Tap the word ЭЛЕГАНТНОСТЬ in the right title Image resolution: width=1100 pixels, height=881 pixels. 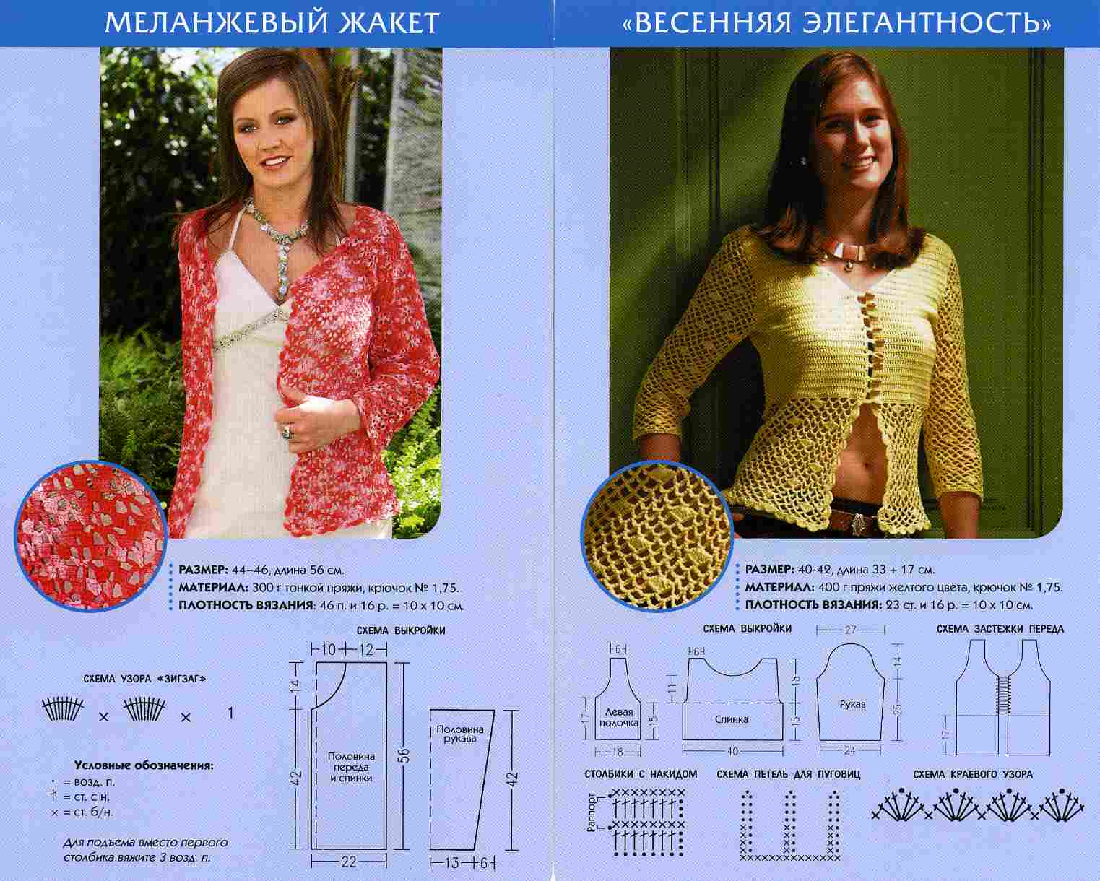pyautogui.click(x=924, y=24)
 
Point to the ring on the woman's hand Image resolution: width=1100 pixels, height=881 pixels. pyautogui.click(x=287, y=433)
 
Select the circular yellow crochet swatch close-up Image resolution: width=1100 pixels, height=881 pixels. pyautogui.click(x=657, y=537)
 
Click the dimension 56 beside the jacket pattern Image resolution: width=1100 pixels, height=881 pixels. pyautogui.click(x=404, y=755)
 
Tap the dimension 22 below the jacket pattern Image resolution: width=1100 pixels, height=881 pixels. pyautogui.click(x=349, y=862)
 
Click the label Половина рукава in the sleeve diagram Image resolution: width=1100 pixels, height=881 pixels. pyautogui.click(x=460, y=734)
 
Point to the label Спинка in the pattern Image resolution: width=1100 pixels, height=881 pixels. pyautogui.click(x=732, y=719)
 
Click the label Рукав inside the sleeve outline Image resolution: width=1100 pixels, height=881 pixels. pyautogui.click(x=852, y=705)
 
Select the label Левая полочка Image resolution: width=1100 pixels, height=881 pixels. pyautogui.click(x=619, y=718)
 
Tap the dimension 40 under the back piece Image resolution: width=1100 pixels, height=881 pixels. pyautogui.click(x=732, y=752)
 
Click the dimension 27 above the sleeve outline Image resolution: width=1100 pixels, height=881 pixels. pyautogui.click(x=851, y=630)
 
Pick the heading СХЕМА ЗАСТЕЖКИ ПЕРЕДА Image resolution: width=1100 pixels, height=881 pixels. pyautogui.click(x=1000, y=630)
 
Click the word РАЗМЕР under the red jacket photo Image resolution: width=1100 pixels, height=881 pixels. pyautogui.click(x=203, y=570)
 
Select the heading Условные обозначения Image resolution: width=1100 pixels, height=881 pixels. pyautogui.click(x=144, y=766)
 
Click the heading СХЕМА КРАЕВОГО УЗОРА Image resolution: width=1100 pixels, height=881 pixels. pyautogui.click(x=973, y=775)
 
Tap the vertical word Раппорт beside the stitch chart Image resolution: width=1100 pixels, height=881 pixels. pyautogui.click(x=592, y=812)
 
